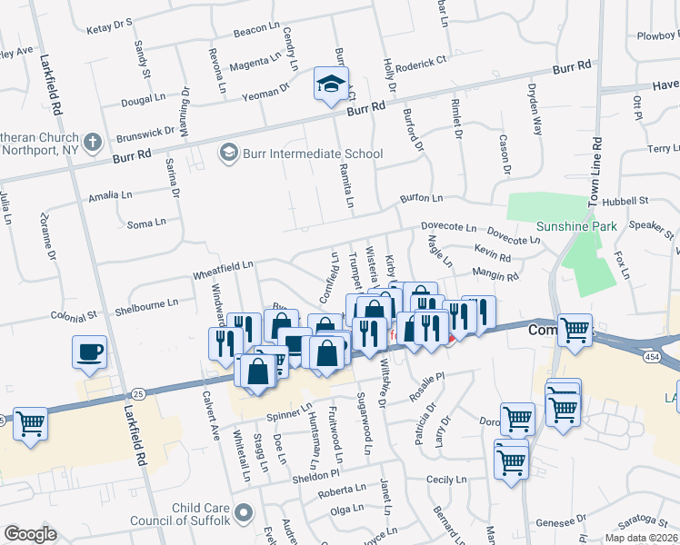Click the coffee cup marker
89,352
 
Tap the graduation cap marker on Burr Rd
327,84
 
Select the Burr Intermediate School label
312,154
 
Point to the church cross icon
92,143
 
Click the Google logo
30,534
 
